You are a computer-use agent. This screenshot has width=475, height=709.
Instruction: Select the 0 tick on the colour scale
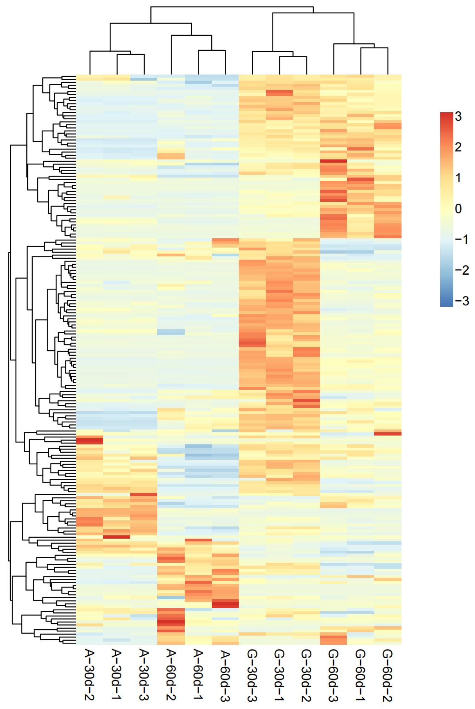click(x=458, y=208)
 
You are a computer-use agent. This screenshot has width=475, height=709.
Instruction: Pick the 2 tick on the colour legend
click(x=458, y=147)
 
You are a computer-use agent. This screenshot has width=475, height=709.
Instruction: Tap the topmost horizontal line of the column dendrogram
click(x=232, y=7)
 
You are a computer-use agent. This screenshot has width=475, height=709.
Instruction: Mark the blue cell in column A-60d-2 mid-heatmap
click(x=171, y=332)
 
